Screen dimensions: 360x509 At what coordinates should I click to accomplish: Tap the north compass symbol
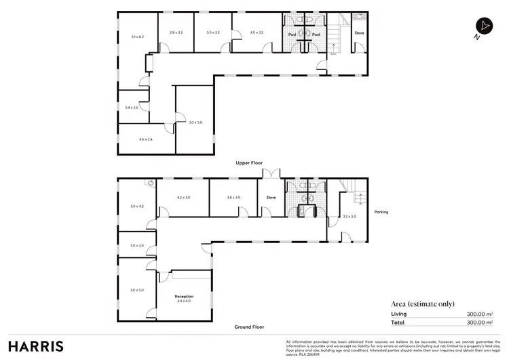click(483, 26)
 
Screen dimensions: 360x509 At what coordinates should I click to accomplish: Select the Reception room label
click(184, 297)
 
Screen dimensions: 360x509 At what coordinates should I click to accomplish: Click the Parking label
click(381, 212)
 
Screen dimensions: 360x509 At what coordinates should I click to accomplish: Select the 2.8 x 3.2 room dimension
click(176, 32)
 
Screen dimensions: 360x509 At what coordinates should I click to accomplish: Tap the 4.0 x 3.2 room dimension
click(256, 32)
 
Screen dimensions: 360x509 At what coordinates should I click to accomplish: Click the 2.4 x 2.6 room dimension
click(132, 107)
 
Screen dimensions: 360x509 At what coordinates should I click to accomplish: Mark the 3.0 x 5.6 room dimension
click(195, 122)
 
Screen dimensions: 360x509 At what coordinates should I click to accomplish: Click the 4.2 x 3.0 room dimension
click(183, 198)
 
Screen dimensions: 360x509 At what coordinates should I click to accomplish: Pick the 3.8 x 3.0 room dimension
click(233, 198)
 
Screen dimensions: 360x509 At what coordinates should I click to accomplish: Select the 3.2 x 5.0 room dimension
click(350, 217)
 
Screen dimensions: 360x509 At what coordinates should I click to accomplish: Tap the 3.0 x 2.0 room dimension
click(136, 245)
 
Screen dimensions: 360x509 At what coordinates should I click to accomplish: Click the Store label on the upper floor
click(359, 32)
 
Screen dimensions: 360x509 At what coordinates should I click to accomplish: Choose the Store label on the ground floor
click(270, 198)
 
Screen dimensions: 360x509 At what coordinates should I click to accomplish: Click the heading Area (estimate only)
click(423, 304)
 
